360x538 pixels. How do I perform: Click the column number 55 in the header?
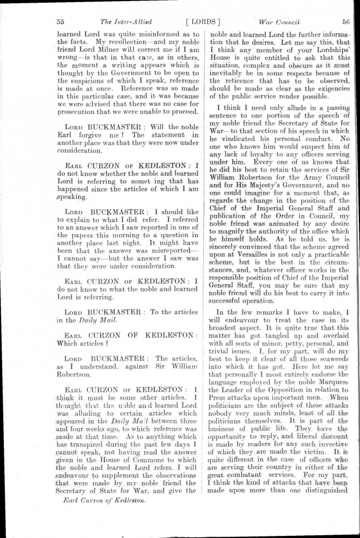click(x=60, y=22)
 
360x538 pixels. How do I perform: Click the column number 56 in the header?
click(x=345, y=22)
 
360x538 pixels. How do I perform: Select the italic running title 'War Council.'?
click(x=279, y=22)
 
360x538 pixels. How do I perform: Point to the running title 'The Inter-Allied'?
click(x=126, y=22)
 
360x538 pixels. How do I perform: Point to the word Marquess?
click(x=330, y=383)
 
